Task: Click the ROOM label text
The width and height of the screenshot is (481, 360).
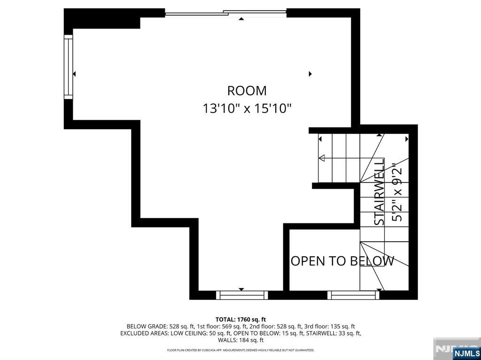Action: (247, 91)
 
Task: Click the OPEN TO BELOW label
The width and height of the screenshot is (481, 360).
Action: (342, 261)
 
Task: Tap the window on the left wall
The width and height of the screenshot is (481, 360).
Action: (69, 67)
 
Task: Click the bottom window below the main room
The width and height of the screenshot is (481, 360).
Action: (242, 295)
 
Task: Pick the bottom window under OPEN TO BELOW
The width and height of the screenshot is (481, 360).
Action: (353, 295)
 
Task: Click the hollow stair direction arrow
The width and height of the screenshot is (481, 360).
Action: (322, 158)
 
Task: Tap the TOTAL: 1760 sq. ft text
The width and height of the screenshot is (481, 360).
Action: (240, 320)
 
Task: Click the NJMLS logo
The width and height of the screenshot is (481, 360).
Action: (466, 353)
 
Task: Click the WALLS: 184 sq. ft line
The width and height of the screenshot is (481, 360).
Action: (240, 340)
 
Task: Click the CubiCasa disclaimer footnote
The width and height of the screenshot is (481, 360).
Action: (240, 350)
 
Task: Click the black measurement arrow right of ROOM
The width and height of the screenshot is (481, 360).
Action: (310, 74)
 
